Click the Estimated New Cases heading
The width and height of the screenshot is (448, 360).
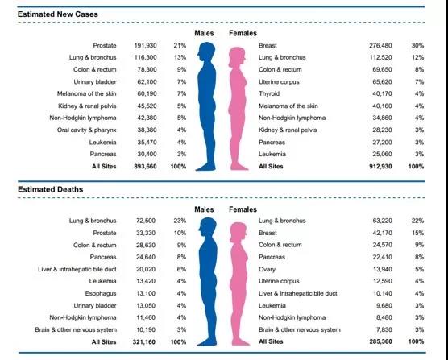pos(58,14)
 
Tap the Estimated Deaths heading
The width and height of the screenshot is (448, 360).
pos(50,189)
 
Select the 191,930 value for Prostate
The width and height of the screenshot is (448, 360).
pos(145,45)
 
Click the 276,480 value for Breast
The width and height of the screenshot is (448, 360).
pos(380,45)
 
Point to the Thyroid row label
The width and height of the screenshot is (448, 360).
pos(269,93)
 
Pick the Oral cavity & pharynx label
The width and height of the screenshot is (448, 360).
pos(86,130)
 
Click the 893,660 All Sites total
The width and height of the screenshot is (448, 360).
pos(145,166)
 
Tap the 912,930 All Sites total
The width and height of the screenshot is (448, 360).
pos(380,166)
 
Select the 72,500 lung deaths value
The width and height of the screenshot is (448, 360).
pos(146,221)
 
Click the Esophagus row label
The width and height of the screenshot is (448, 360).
pos(101,293)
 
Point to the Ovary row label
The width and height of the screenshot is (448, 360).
pos(267,269)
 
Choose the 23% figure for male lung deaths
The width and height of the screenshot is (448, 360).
pos(180,221)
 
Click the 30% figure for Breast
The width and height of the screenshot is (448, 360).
pos(417,45)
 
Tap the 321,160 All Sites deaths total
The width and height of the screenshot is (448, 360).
pos(144,341)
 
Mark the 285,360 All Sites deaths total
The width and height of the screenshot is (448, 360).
pos(380,341)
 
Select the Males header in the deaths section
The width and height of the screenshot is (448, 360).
pos(204,209)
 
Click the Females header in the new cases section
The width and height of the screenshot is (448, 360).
pos(243,33)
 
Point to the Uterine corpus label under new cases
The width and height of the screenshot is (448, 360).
pos(279,82)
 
